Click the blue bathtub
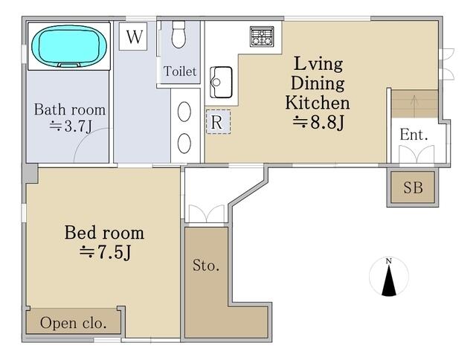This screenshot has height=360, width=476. [69, 46]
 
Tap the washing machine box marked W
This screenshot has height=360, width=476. [133, 36]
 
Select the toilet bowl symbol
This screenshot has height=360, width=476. [178, 34]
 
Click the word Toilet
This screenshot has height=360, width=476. [180, 71]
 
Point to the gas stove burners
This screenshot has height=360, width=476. [262, 36]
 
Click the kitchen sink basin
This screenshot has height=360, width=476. [221, 83]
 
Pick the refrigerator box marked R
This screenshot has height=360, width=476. [218, 122]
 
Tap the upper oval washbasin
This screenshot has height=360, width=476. [184, 112]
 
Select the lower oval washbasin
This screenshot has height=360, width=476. [184, 143]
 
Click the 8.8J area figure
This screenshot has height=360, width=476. [318, 123]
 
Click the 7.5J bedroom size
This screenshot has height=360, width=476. [105, 251]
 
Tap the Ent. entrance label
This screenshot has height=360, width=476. [414, 135]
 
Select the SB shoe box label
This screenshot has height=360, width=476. [413, 187]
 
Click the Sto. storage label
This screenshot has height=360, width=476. [206, 266]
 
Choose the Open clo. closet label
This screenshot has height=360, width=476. [73, 323]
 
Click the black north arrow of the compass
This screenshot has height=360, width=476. [389, 280]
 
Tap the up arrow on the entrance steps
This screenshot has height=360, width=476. [414, 104]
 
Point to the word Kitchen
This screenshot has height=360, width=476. [318, 103]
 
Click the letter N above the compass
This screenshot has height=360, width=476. [388, 261]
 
